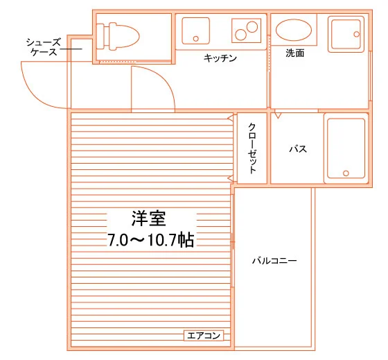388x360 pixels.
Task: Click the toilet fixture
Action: [118, 36]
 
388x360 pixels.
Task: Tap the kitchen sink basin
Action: [195, 31]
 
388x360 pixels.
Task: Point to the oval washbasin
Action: [294, 30]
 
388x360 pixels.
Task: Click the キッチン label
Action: [220, 58]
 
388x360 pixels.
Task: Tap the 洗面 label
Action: [295, 53]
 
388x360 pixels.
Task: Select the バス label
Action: [298, 149]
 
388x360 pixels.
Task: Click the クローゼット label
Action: [252, 148]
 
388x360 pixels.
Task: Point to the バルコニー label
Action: [274, 261]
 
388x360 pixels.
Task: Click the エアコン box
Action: [204, 336]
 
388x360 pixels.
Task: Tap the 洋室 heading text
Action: [149, 218]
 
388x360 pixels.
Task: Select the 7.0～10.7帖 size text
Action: [151, 240]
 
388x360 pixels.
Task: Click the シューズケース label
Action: [44, 47]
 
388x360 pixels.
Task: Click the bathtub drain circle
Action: [346, 173]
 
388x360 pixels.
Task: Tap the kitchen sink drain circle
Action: [196, 39]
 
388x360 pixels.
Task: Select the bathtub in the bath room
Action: [346, 148]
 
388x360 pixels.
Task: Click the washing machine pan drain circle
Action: [357, 34]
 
